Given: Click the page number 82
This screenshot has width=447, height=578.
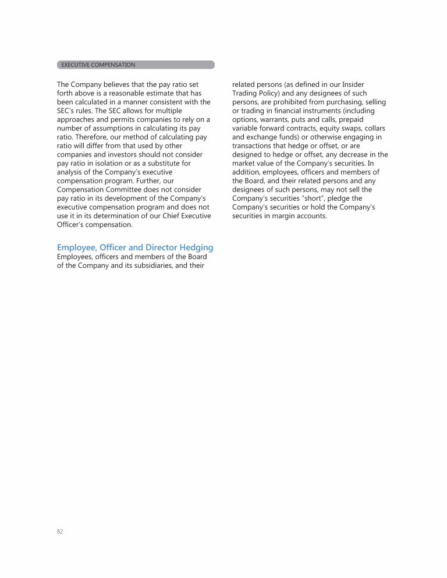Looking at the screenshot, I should click(60, 531).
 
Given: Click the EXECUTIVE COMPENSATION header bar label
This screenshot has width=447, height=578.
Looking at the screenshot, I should click(98, 65).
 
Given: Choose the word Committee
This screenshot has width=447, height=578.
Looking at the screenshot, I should click(127, 190).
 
